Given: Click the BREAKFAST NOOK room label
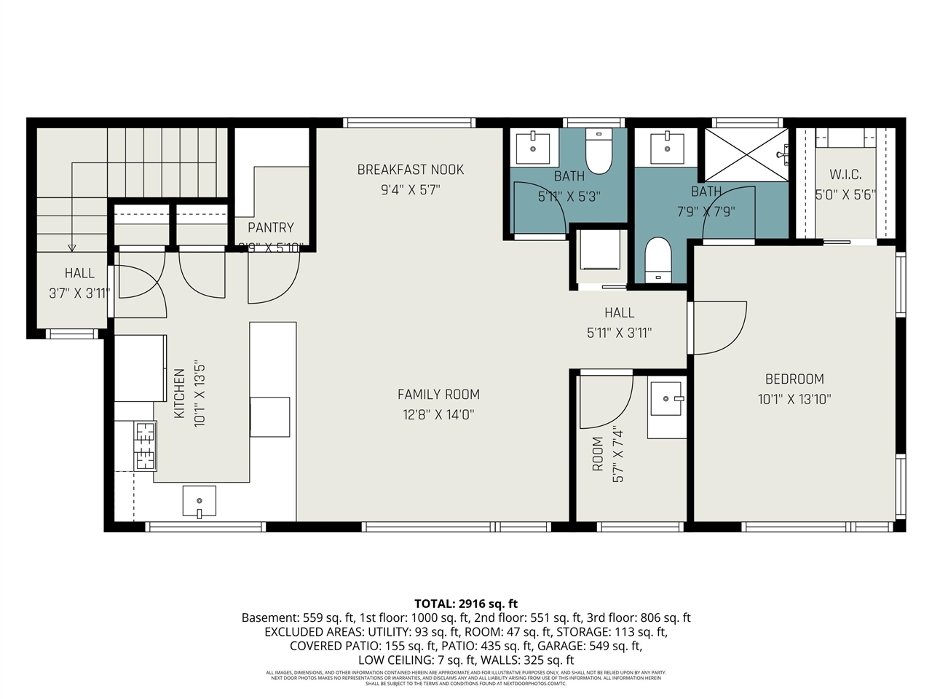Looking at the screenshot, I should pos(410,170).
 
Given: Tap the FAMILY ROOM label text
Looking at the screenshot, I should pos(438,395).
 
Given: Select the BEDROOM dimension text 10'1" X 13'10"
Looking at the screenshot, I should pos(794,399).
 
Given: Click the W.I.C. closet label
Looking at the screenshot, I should pos(845,175).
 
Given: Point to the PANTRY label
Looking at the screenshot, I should pos(270,228).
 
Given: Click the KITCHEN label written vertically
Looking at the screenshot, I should pos(180,393).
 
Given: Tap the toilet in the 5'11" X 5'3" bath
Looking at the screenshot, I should pos(599,153).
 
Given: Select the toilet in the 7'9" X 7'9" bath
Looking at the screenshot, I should pos(657,259).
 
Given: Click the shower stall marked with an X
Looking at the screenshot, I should pos(744,155).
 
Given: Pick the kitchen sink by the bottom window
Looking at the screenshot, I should pos(199,502).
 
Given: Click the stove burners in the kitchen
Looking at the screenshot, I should pos(144,446).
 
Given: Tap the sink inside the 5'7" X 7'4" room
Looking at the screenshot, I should pos(666,400).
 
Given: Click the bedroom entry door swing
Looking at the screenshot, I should pos(719,328).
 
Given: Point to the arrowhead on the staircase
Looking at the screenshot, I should pos(71,248).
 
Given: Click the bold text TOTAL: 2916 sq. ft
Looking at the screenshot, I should pos(466,604).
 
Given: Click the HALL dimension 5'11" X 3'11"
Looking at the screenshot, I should pos(619,333).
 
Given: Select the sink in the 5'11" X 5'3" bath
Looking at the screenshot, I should pos(534,148).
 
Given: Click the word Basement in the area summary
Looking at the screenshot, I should pos(269,618).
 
